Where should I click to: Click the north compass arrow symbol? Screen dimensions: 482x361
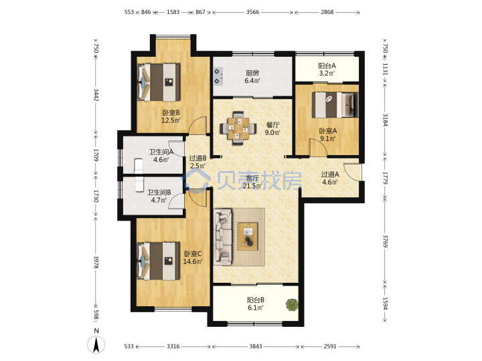coord(96,345)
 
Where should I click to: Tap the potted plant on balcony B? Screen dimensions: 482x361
coord(292,305)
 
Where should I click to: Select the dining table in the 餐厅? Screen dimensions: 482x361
coord(238,128)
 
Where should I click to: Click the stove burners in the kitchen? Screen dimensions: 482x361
coord(218,76)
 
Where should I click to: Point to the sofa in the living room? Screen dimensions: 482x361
coord(222,237)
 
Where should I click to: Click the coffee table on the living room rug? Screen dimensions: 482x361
coord(248,236)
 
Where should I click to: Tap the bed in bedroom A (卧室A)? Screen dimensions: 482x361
coord(335,105)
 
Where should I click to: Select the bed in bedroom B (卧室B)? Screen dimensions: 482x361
coord(158,82)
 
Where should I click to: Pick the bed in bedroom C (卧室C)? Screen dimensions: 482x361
coord(158,261)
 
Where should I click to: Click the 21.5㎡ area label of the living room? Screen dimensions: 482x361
coord(252,186)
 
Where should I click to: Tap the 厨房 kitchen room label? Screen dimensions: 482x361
coord(252,73)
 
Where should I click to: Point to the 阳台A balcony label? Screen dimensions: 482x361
coord(327,66)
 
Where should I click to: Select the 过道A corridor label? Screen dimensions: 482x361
coord(330,174)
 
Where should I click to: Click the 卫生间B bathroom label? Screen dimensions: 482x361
coord(159,193)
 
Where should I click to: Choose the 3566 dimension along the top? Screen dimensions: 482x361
coord(252,12)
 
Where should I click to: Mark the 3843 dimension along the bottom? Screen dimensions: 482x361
coord(256,346)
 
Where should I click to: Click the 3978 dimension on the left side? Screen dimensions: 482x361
coord(96,262)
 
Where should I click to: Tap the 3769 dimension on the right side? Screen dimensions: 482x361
coord(385,241)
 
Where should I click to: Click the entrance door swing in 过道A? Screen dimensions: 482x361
coord(352,172)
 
